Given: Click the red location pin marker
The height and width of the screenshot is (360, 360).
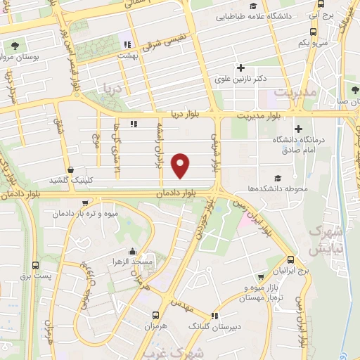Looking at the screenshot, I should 181,165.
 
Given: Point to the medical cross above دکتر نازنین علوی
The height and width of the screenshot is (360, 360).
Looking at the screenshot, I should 241,68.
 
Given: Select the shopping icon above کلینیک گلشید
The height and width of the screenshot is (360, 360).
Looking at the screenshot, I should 70,169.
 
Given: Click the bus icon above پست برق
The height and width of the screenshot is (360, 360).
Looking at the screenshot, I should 35,266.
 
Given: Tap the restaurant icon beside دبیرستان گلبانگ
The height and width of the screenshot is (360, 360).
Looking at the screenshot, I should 214,316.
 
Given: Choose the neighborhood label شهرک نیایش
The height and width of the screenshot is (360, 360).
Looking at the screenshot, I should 326,239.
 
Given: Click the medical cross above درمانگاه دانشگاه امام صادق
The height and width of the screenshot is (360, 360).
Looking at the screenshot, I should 300,129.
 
